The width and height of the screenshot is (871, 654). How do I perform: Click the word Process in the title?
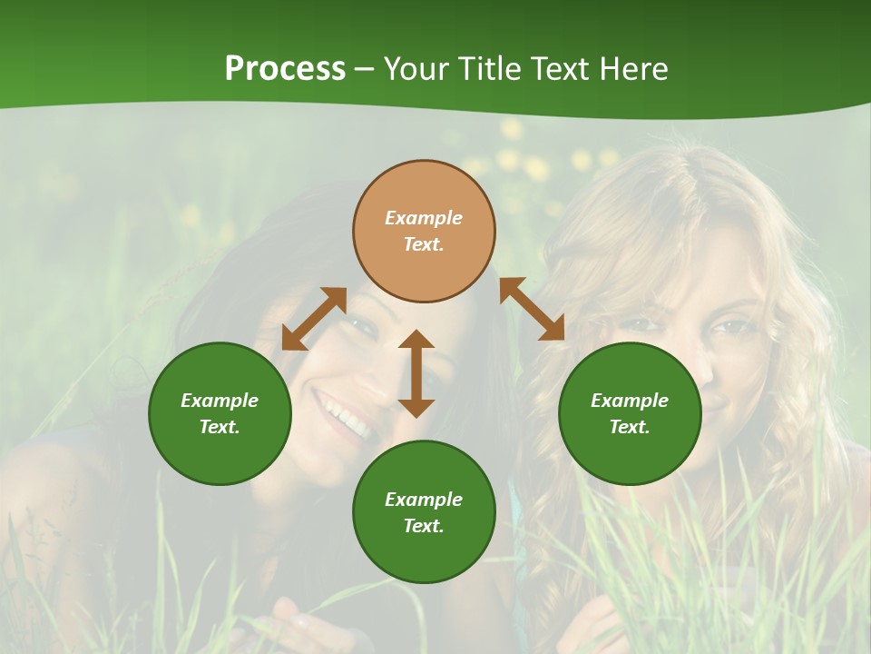pyautogui.click(x=285, y=69)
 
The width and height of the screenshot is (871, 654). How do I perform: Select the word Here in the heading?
pyautogui.click(x=635, y=69)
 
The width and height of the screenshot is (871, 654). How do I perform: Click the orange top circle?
pyautogui.click(x=424, y=231)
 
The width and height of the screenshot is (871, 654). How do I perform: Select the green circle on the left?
pyautogui.click(x=220, y=413)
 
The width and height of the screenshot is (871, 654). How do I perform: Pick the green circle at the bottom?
pyautogui.click(x=424, y=511)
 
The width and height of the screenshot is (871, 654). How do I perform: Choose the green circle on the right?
pyautogui.click(x=630, y=413)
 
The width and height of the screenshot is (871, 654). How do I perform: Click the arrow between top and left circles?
pyautogui.click(x=314, y=319)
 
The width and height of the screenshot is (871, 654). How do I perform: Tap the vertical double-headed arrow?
pyautogui.click(x=416, y=373)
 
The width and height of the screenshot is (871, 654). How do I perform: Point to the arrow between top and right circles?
pyautogui.click(x=532, y=309)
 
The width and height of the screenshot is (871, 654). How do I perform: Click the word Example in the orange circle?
pyautogui.click(x=424, y=218)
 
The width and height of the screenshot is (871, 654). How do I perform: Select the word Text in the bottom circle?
pyautogui.click(x=424, y=526)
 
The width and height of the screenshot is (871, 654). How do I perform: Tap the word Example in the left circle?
pyautogui.click(x=220, y=401)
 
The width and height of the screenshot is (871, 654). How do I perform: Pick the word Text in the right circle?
pyautogui.click(x=630, y=427)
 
